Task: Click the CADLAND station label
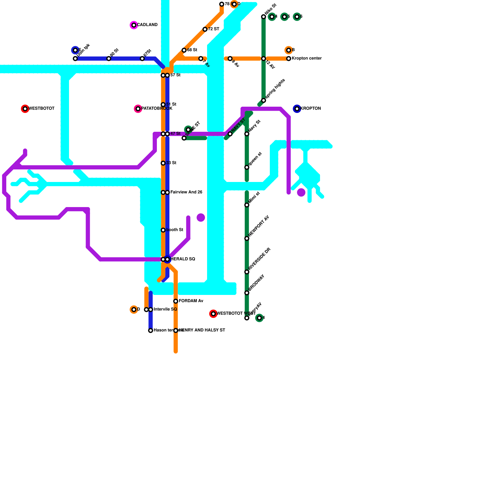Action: click(x=147, y=25)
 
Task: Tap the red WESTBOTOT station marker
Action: click(x=25, y=109)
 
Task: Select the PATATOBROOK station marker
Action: click(x=138, y=109)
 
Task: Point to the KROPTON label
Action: click(x=311, y=109)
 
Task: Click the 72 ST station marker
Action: click(x=205, y=29)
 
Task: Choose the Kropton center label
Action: click(x=307, y=59)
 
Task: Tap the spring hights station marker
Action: click(x=264, y=100)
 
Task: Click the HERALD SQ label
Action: click(x=183, y=259)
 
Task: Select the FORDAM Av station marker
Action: click(x=176, y=301)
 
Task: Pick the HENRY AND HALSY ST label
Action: click(x=202, y=330)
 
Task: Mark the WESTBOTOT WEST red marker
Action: click(x=213, y=314)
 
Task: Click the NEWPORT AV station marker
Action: click(x=247, y=238)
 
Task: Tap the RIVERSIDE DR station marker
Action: click(x=247, y=272)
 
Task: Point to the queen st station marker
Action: click(x=247, y=168)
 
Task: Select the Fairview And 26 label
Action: click(x=186, y=192)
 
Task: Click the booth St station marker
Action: click(x=163, y=230)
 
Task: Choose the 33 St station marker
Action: click(x=163, y=163)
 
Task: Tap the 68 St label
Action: click(x=192, y=50)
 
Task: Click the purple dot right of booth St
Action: click(x=201, y=217)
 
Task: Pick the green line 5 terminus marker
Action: click(x=284, y=17)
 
